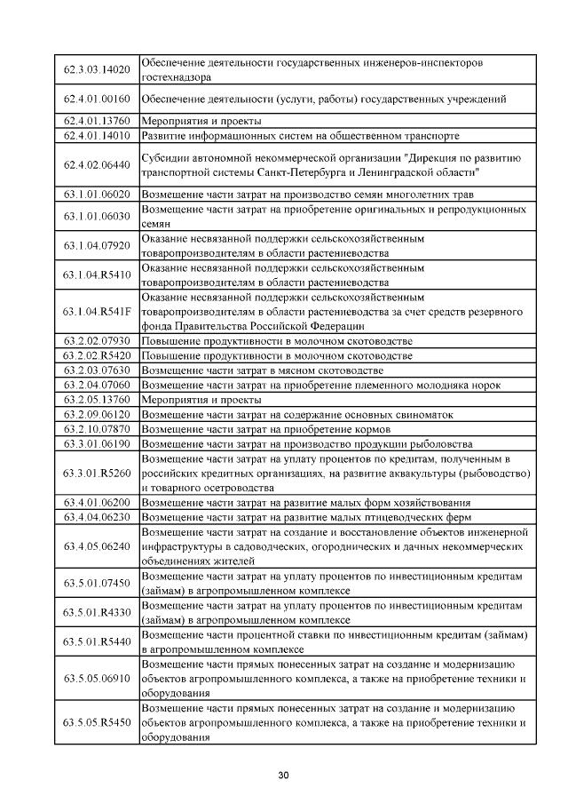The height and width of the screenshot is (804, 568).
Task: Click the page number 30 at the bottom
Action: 283,776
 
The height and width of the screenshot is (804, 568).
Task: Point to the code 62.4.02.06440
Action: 98,164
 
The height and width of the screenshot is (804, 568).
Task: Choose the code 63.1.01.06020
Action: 98,194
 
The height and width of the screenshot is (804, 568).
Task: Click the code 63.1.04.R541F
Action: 98,312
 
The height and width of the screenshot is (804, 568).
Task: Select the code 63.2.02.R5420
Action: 98,355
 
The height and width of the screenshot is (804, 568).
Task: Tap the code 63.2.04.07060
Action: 98,385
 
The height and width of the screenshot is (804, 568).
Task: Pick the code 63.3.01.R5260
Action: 98,472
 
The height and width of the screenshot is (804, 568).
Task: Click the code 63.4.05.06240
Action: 98,545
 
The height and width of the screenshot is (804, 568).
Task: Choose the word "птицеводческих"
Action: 401,516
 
